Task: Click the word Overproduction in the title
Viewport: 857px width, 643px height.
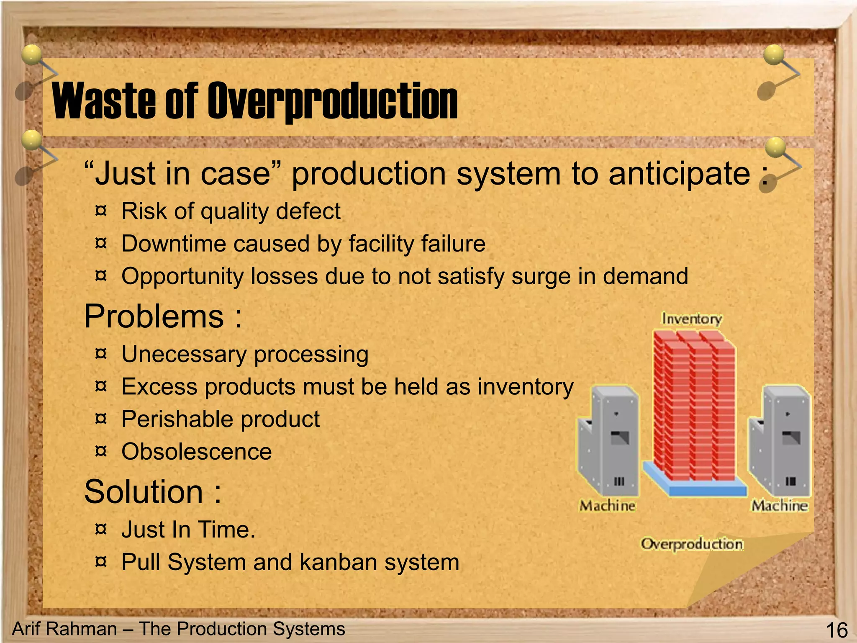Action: coord(332,100)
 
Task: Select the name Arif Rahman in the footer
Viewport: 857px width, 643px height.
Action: coord(64,629)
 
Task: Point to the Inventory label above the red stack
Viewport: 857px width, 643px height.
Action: coord(691,319)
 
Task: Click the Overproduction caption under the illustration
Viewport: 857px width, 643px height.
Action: coord(692,544)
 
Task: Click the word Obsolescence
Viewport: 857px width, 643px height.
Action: coord(197,452)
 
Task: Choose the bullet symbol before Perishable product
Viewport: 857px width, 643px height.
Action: coord(101,418)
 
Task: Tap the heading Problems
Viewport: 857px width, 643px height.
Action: coord(154,316)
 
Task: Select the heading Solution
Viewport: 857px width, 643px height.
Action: coord(144,492)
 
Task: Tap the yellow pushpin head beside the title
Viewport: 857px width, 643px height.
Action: coord(31,55)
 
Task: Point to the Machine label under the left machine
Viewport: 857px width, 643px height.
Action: coord(607,506)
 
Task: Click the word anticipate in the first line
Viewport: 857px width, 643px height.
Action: coord(680,174)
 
